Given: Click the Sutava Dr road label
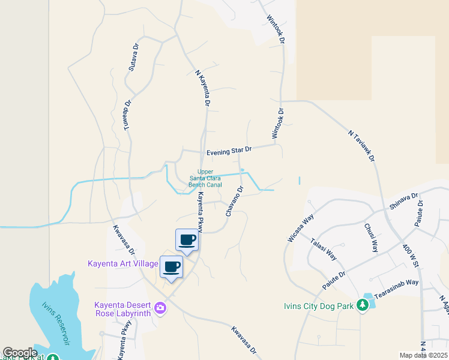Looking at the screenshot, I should pos(133,56).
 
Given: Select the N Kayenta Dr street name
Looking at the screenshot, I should pos(203,88).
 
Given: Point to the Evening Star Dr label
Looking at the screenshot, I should pos(228,152).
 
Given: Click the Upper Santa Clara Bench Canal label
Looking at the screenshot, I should pos(205,178).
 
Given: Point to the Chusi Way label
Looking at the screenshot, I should pos(370,238).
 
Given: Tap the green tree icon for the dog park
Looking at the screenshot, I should pos(363,305).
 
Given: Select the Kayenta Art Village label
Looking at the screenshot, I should pos(122,264).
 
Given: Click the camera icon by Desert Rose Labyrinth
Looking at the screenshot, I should pos(160,308).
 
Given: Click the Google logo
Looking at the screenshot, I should pos(20,353).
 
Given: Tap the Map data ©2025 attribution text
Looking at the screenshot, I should pos(423,355).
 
